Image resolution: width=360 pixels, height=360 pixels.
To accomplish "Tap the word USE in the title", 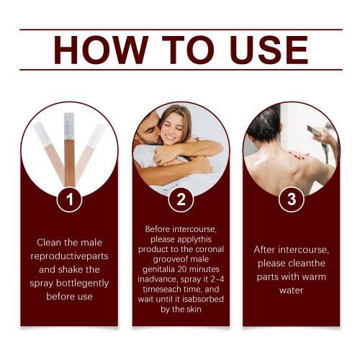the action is [x=269, y=50].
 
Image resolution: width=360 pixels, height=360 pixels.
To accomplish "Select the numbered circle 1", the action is [x=70, y=199].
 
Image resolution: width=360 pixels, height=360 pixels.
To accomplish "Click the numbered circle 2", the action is [x=181, y=199].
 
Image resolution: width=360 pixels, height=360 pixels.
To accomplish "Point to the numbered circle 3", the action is [x=292, y=199].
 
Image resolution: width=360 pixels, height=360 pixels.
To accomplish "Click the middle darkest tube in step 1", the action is [x=69, y=150].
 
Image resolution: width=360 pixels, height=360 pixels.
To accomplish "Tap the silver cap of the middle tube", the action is [x=69, y=126].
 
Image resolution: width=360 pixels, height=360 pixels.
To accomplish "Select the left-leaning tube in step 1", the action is [x=50, y=153].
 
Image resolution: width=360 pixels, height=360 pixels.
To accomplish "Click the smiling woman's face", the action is [x=171, y=128].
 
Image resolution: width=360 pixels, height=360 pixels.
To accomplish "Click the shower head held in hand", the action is [x=314, y=130].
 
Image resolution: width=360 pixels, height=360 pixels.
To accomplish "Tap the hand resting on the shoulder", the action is [x=297, y=155].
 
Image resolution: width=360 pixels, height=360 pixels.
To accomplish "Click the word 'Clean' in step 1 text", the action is [x=49, y=243].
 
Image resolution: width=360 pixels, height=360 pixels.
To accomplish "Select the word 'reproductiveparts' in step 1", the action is [x=69, y=256].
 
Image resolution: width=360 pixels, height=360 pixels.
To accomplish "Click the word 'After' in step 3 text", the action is [x=265, y=250].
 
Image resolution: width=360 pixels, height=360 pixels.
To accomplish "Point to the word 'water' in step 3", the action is [x=291, y=290].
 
